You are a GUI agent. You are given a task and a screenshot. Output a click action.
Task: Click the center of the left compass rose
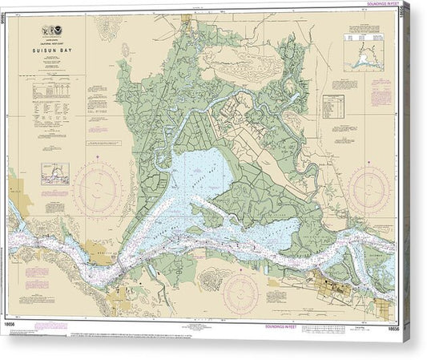[x=98, y=186]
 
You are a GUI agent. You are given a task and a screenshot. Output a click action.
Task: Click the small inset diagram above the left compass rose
[x=54, y=173]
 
